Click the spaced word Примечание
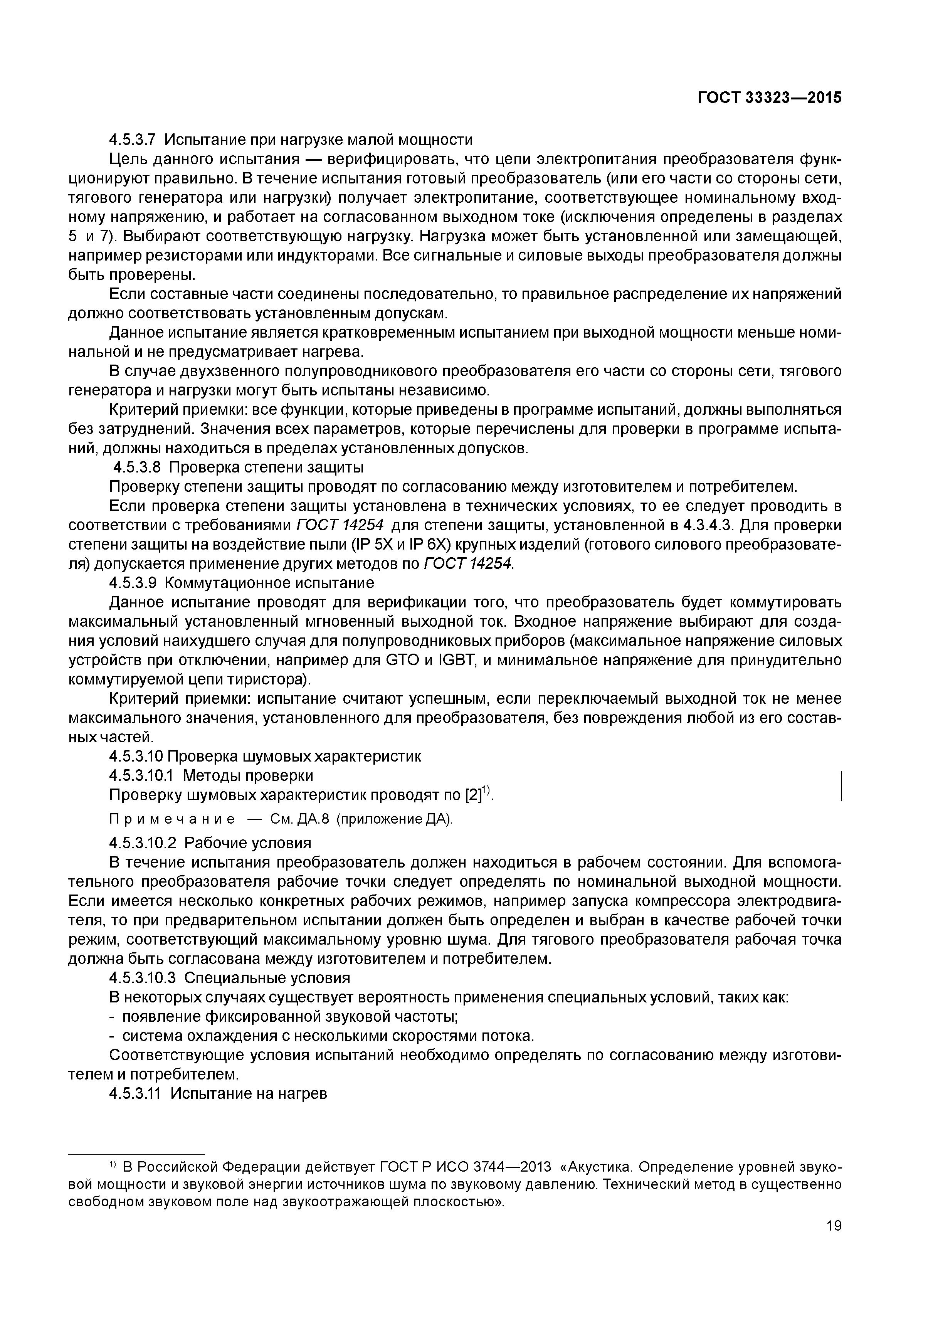coord(172,820)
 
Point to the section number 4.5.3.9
coord(132,583)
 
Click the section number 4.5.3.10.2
coord(142,843)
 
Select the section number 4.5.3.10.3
coord(142,978)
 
